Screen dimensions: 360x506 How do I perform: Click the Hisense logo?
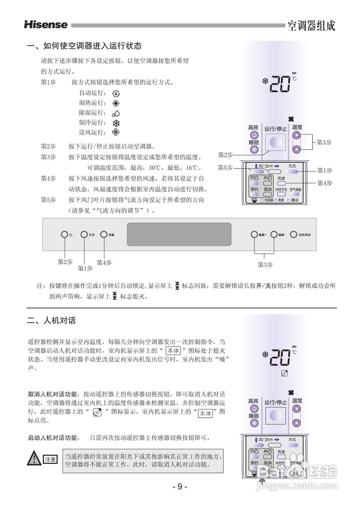pyautogui.click(x=45, y=25)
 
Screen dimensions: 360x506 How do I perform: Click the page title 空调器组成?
pyautogui.click(x=311, y=26)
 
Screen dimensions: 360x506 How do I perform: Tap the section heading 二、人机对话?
pyautogui.click(x=51, y=320)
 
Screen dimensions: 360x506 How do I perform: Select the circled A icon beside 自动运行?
pyautogui.click(x=116, y=94)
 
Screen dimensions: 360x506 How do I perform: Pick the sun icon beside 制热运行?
pyautogui.click(x=116, y=104)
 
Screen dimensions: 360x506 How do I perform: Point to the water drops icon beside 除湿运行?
pyautogui.click(x=116, y=113)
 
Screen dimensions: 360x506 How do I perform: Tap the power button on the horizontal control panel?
pyautogui.click(x=64, y=234)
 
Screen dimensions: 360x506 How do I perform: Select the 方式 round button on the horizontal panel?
pyautogui.click(x=84, y=234)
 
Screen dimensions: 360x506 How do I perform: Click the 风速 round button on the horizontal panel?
pyautogui.click(x=104, y=234)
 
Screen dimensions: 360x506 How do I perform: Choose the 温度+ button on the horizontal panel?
pyautogui.click(x=254, y=234)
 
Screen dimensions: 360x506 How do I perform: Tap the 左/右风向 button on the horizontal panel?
pyautogui.click(x=293, y=234)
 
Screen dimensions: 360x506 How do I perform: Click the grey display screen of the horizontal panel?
pyautogui.click(x=179, y=234)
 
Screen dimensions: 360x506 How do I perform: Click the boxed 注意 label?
pyautogui.click(x=50, y=459)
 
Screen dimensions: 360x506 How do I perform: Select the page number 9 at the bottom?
pyautogui.click(x=180, y=487)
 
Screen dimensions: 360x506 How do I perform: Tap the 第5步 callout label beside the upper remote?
pyautogui.click(x=225, y=167)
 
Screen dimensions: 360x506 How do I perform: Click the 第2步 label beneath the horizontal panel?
pyautogui.click(x=65, y=262)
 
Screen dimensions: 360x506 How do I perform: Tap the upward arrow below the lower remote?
pyautogui.click(x=262, y=480)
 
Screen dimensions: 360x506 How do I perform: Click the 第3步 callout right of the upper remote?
pyautogui.click(x=324, y=142)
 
